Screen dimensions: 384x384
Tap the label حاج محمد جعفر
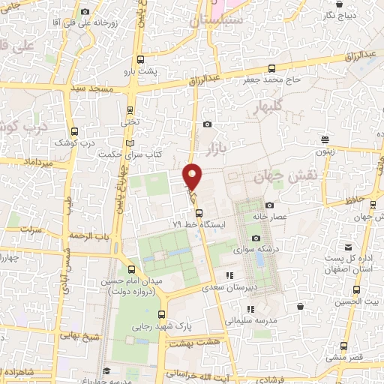click(272, 77)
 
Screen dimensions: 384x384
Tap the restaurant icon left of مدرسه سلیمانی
click(250, 309)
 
